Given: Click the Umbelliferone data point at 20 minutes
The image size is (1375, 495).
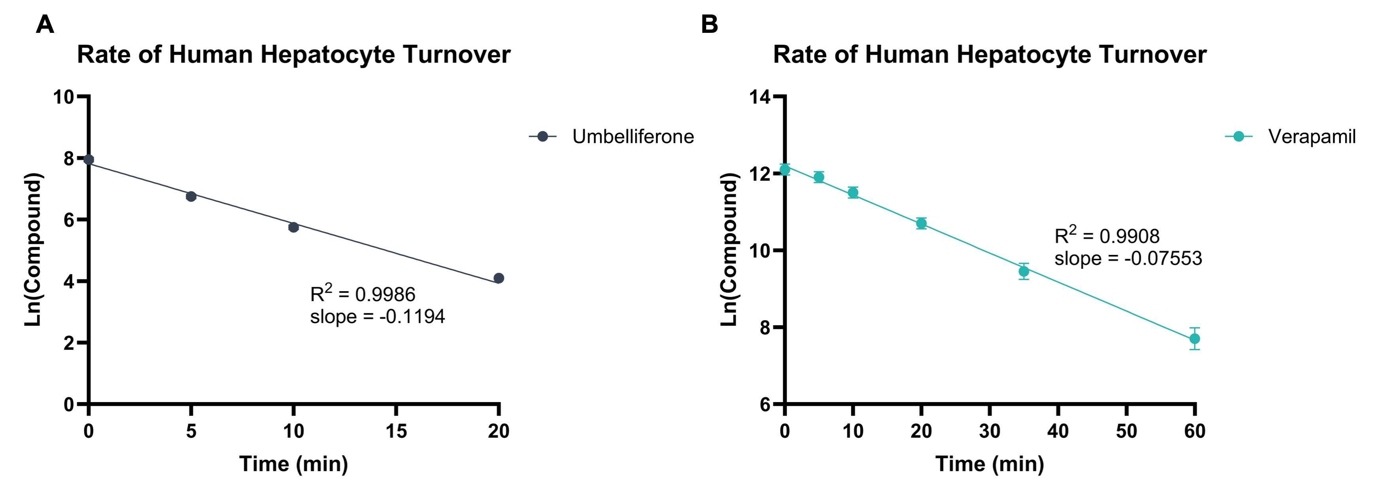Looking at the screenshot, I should coord(499,278).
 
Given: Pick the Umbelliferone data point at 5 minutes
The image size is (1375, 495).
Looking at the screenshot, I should coord(191,197).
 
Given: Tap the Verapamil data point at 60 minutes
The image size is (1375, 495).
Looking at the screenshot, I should coord(1195,339).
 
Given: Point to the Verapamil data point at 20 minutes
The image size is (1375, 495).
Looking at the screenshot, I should coord(921,223).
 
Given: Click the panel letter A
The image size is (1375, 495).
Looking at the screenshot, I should coord(45,25).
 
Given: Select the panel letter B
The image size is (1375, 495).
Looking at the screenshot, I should coord(709,25).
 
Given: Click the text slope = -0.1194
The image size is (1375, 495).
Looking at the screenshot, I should coord(378,317).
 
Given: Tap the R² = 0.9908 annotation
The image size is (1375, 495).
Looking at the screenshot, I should coord(1107,236).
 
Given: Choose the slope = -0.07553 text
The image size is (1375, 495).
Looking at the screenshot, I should coord(1128,258).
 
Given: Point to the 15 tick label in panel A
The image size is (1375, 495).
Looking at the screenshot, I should coord(396,431).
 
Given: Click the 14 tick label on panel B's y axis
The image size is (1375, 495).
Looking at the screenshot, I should coord(761,97).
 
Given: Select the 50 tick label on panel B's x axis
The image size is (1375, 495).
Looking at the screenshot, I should coord(1126,431).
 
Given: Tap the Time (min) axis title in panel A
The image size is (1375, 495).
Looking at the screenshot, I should coord(294,463).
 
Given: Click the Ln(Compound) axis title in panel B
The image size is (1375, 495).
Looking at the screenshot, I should coord(729,250).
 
